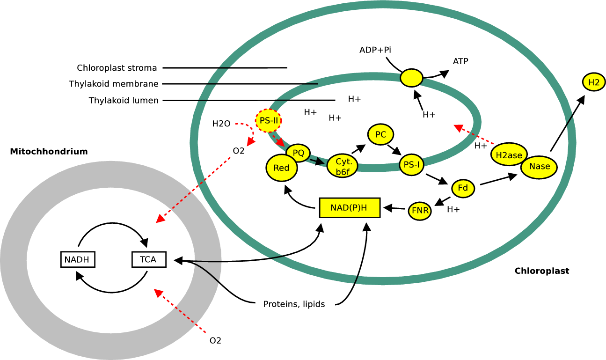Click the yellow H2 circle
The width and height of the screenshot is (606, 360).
[x=593, y=82]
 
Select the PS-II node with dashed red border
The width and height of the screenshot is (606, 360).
[x=269, y=120]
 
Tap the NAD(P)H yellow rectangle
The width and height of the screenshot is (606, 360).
[x=349, y=207]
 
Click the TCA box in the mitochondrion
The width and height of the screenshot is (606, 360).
[x=149, y=259]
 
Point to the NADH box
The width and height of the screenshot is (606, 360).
[x=77, y=259]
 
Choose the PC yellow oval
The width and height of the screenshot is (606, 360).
[x=380, y=135]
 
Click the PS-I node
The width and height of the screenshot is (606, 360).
[x=411, y=164]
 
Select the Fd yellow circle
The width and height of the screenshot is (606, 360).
[x=463, y=188]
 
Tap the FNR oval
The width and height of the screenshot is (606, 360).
[x=420, y=211]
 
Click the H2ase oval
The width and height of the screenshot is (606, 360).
[x=509, y=155]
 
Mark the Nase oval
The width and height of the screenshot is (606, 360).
[x=539, y=167]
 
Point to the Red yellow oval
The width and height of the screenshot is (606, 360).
[x=281, y=168]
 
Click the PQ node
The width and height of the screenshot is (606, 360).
[x=298, y=152]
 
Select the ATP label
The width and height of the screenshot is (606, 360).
[x=460, y=61]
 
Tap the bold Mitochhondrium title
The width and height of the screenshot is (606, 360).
[x=49, y=151]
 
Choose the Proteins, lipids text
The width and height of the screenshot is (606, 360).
[x=294, y=304]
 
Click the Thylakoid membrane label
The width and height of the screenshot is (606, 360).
[x=114, y=84]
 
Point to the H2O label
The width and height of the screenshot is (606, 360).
[x=221, y=124]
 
